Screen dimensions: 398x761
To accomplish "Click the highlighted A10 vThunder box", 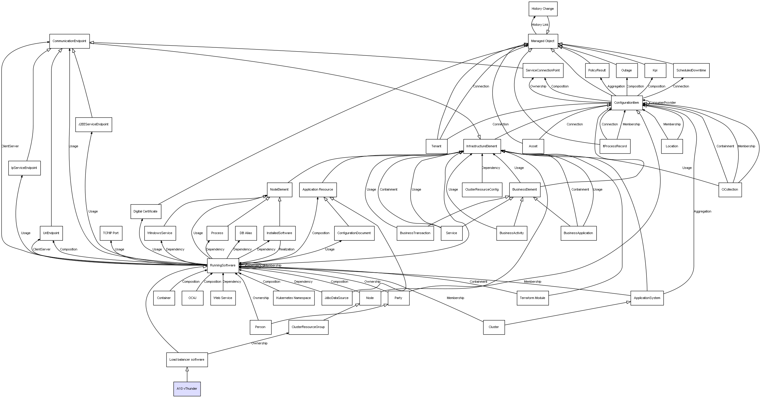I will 187,389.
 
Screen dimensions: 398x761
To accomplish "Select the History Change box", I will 543,9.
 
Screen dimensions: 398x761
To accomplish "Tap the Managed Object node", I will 543,41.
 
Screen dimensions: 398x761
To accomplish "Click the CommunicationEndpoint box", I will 69,41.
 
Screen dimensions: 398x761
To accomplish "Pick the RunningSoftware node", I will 223,265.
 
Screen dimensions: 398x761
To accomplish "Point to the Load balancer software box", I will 187,359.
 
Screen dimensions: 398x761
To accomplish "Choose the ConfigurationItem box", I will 627,103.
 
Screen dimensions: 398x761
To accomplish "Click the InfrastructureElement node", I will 482,146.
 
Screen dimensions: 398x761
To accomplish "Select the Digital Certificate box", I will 146,211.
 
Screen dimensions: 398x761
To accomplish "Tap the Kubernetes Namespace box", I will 293,298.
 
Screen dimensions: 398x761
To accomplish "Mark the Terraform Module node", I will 533,298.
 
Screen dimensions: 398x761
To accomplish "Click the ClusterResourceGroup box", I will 308,327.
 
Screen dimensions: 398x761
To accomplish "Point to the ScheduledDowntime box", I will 691,71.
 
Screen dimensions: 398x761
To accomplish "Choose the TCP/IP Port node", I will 111,233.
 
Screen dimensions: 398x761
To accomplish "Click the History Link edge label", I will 540,25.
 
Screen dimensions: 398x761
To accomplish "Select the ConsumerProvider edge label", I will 663,103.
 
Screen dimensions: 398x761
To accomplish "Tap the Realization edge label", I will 287,249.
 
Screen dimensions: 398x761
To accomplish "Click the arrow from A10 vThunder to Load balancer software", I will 187,375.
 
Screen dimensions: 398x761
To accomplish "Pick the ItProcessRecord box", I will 615,146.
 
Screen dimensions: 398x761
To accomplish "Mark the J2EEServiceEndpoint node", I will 93,124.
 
